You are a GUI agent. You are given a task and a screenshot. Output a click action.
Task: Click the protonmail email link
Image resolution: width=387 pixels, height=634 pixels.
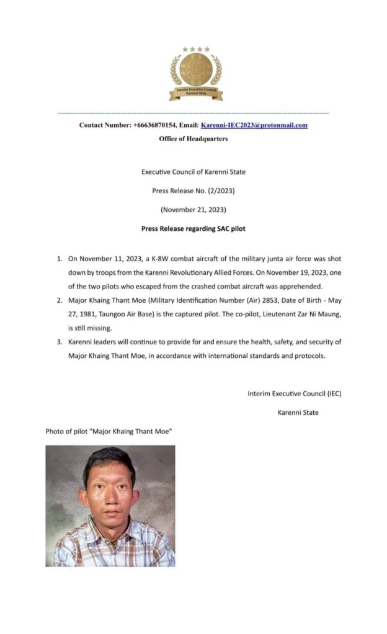coord(254,125)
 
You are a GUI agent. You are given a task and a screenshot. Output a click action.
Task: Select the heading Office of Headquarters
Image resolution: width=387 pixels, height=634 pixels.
coord(193,139)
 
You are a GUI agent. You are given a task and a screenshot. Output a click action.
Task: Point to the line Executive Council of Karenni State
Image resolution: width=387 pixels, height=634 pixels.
coord(193,172)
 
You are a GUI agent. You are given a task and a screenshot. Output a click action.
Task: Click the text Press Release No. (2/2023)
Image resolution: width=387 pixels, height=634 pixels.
coord(193,191)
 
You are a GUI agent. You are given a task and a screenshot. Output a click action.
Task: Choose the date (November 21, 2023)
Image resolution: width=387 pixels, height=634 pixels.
coord(193,210)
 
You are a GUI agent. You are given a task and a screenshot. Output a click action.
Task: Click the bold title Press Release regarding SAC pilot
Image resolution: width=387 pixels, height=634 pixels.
coord(193,229)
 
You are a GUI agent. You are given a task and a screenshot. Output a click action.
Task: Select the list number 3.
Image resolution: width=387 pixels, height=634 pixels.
coord(59,342)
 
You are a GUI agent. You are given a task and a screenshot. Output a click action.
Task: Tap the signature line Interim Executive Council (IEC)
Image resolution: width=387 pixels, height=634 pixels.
coord(294,393)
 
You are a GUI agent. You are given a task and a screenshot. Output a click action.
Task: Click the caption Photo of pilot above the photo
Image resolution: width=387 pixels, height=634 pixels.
coord(108,431)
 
